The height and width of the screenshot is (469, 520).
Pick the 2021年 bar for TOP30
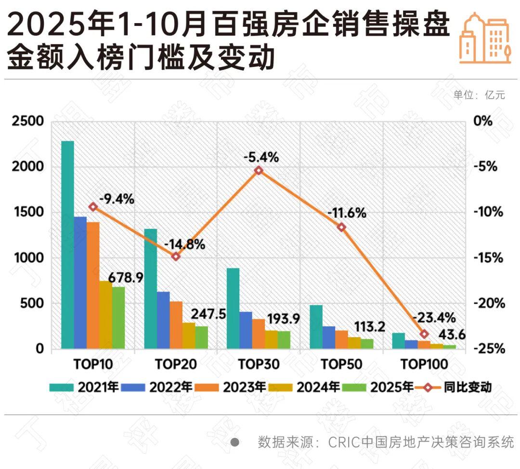(x=233, y=308)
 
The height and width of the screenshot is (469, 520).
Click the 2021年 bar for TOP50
(x=316, y=327)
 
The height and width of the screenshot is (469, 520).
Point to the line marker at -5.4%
(x=259, y=170)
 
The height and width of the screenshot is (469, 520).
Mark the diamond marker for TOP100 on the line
(x=424, y=334)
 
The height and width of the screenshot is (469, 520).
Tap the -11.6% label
(x=347, y=212)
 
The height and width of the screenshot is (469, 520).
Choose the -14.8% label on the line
(x=184, y=244)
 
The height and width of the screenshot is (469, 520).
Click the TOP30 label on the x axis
(x=259, y=365)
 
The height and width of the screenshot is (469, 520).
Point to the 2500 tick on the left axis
(x=27, y=121)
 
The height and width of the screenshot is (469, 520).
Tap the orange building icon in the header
(x=485, y=38)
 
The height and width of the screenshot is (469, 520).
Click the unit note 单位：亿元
(x=479, y=95)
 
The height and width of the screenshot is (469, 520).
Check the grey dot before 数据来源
(x=234, y=442)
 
